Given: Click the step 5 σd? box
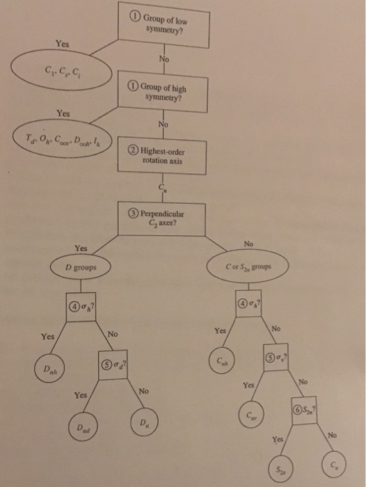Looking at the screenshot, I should pos(115,362).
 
